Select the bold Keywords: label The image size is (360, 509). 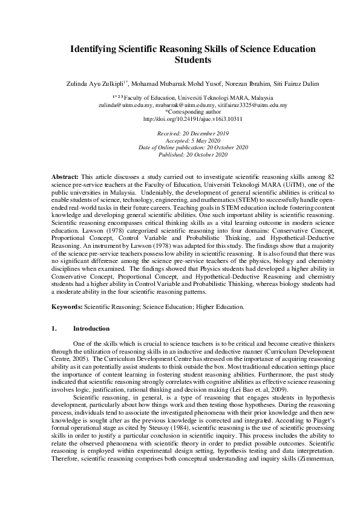coord(67,307)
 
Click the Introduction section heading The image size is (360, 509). coord(91,329)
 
